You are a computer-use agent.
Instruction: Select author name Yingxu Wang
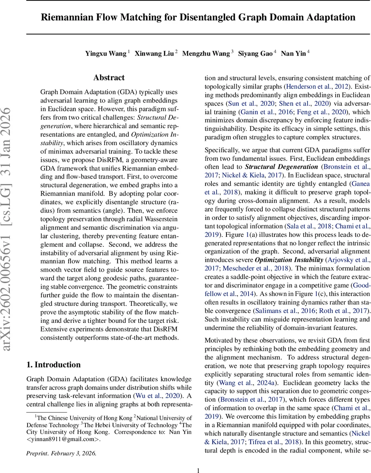click(106, 54)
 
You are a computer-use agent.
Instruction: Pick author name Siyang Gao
click(255, 54)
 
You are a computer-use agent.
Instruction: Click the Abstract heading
click(109, 78)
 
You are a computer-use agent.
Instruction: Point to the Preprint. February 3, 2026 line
click(61, 453)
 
